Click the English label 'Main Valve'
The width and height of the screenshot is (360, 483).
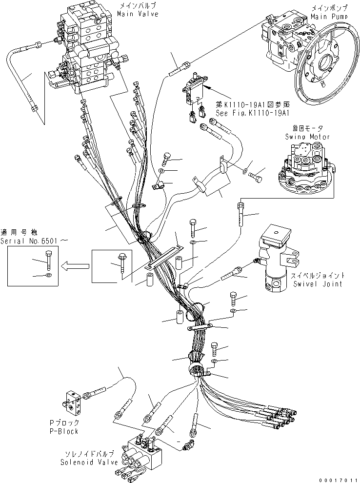click(138, 14)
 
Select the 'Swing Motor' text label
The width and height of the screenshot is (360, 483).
click(307, 137)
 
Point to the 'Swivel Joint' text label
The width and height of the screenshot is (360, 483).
click(318, 283)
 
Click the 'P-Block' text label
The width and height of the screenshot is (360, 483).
click(64, 431)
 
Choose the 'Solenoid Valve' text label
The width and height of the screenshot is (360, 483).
click(89, 462)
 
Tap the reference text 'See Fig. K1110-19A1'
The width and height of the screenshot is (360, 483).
click(253, 113)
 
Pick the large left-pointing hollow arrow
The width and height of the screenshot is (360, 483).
click(75, 266)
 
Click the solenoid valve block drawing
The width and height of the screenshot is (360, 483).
click(141, 458)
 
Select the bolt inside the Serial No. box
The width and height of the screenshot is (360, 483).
click(48, 261)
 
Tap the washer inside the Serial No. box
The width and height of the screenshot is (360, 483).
click(49, 275)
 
